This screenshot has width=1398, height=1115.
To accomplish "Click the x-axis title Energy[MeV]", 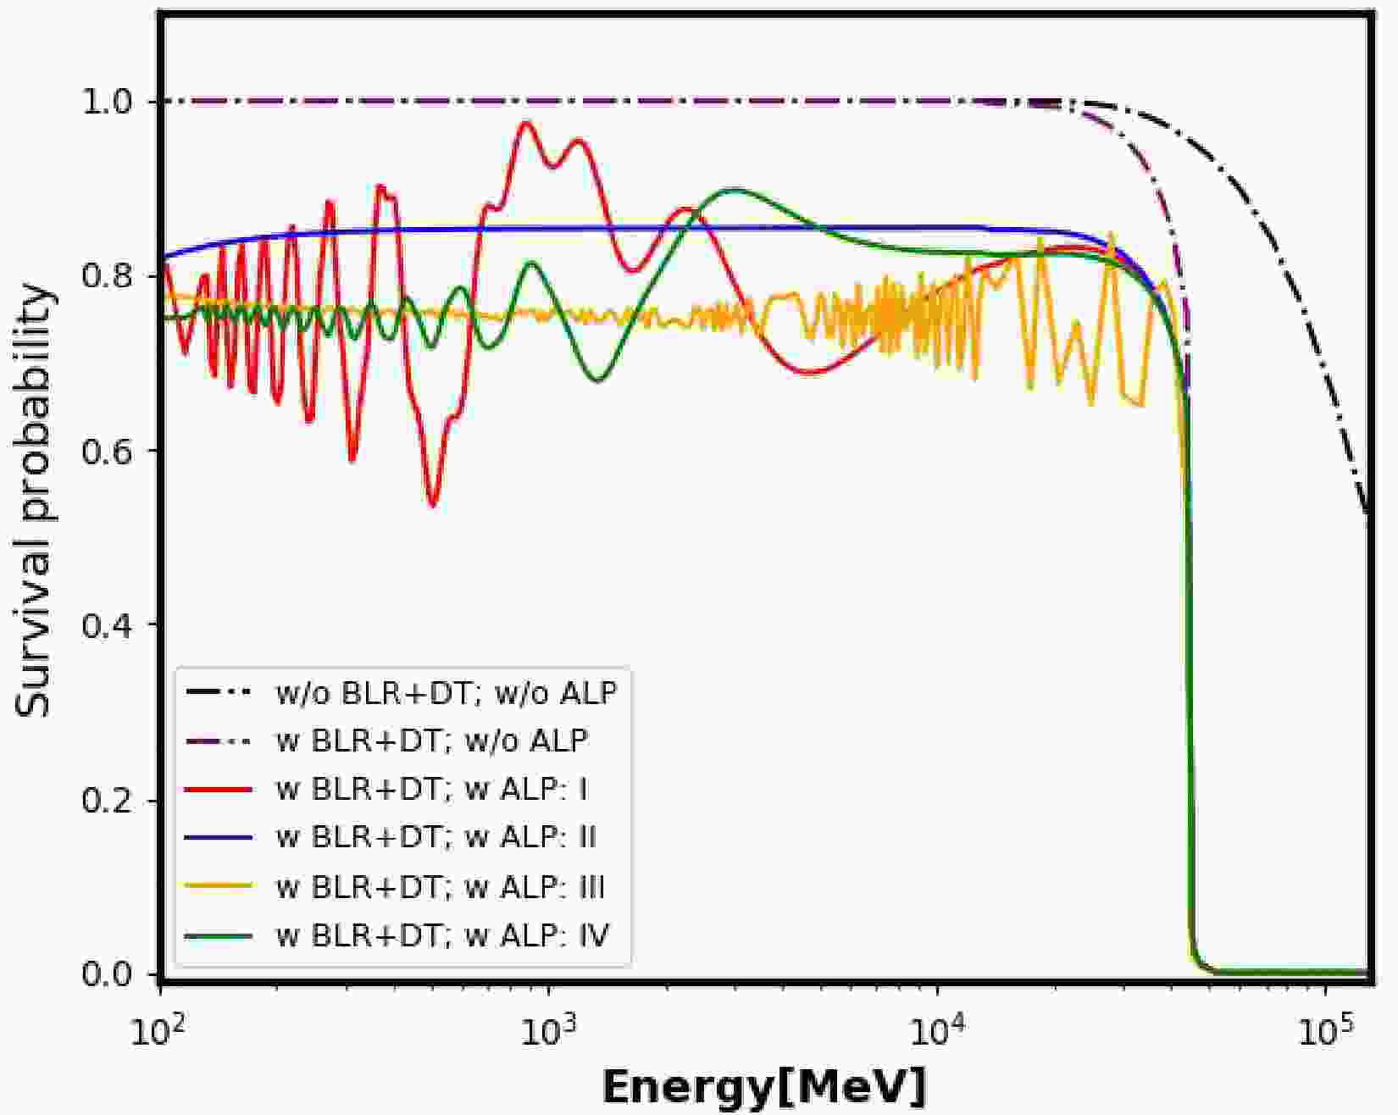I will (764, 1087).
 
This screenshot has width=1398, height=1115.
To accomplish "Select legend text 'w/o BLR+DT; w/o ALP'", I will (447, 693).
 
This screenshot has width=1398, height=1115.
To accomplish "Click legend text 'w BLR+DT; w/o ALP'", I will (432, 741).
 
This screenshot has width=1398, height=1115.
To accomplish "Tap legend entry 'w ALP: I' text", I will (432, 790).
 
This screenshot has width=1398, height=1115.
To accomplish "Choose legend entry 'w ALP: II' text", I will (436, 837).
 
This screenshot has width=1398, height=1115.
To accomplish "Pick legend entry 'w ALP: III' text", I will (441, 887).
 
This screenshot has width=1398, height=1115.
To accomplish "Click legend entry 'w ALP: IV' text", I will (443, 936).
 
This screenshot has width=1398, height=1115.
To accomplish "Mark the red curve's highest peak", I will (526, 123).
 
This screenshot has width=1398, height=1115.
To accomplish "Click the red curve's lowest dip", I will (432, 505).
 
